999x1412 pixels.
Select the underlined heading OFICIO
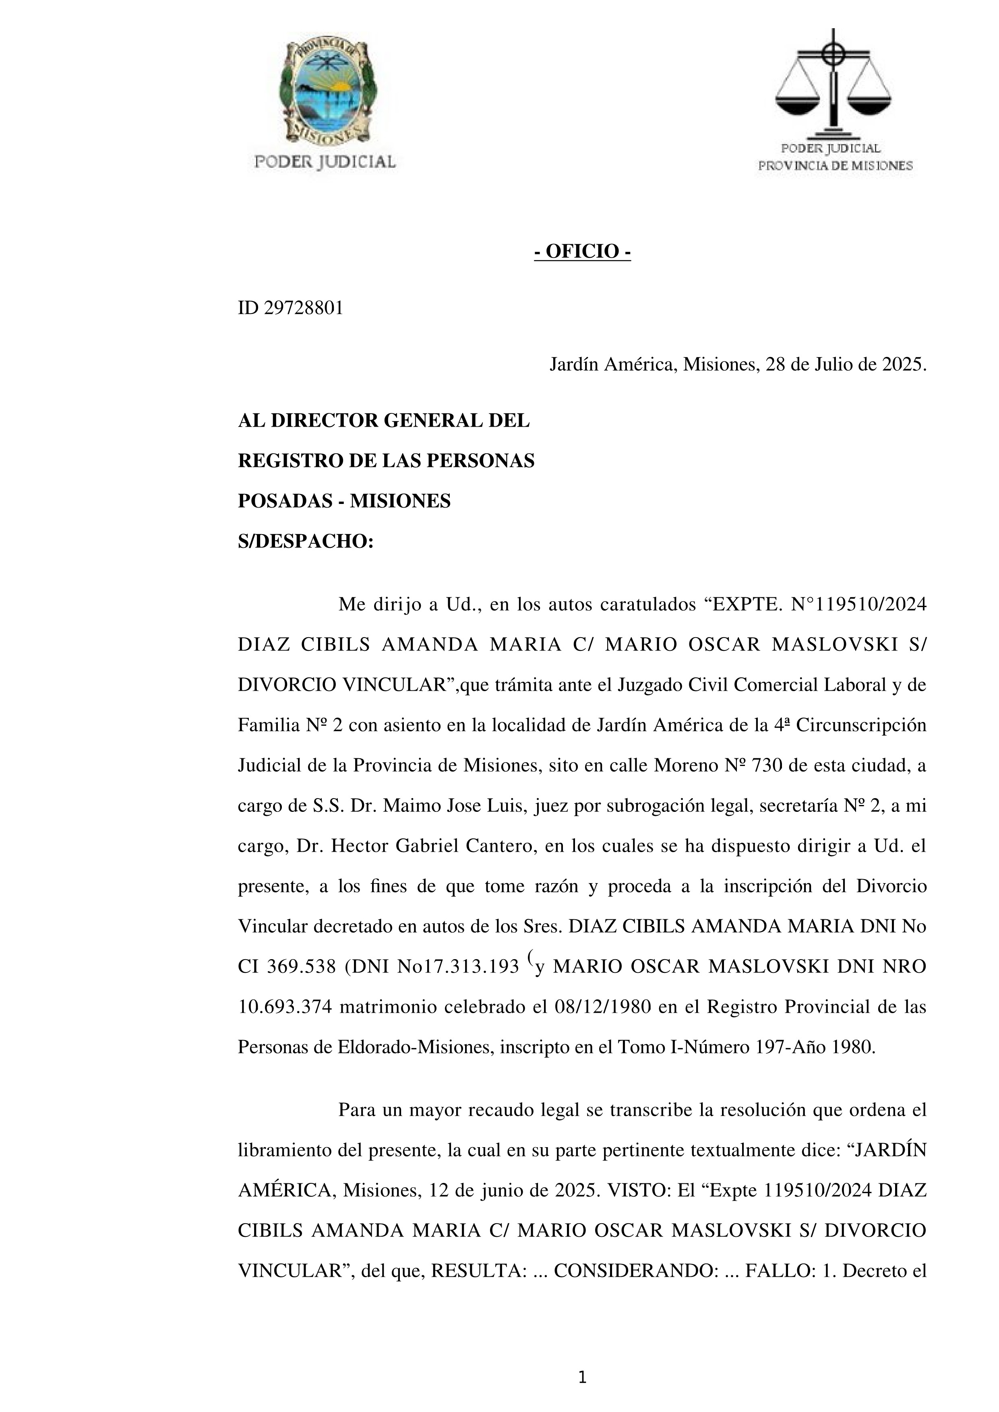582,252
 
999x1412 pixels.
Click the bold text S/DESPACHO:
306,541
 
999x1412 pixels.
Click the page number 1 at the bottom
582,1378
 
